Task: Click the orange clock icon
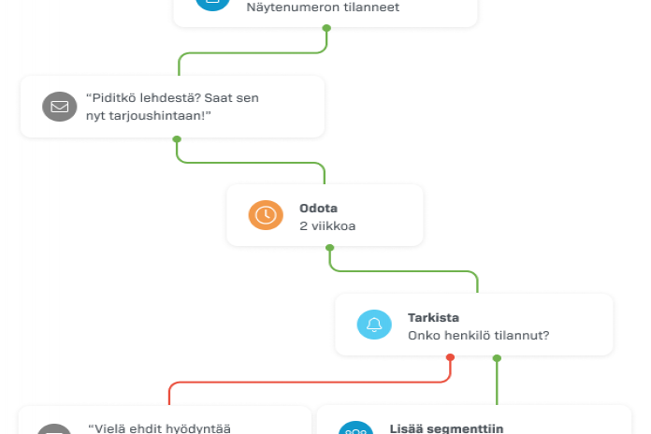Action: pyautogui.click(x=266, y=215)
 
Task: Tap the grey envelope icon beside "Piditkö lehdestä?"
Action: pyautogui.click(x=59, y=106)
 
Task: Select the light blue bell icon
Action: pyautogui.click(x=374, y=325)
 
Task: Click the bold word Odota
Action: pyautogui.click(x=318, y=208)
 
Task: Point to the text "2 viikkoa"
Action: pyautogui.click(x=327, y=225)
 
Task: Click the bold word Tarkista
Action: pyautogui.click(x=433, y=317)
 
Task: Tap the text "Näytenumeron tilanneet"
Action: pyautogui.click(x=323, y=7)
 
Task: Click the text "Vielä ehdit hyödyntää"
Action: pyautogui.click(x=158, y=428)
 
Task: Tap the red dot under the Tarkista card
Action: pyautogui.click(x=450, y=357)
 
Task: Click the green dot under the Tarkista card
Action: pyautogui.click(x=497, y=357)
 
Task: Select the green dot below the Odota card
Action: pyautogui.click(x=329, y=248)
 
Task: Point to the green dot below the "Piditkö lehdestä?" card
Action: pyautogui.click(x=177, y=139)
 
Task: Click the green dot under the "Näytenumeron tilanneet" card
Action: pyautogui.click(x=326, y=27)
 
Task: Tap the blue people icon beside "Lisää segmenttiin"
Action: pyautogui.click(x=355, y=430)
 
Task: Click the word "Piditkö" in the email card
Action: pyautogui.click(x=109, y=97)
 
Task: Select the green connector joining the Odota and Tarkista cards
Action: pyautogui.click(x=402, y=271)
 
